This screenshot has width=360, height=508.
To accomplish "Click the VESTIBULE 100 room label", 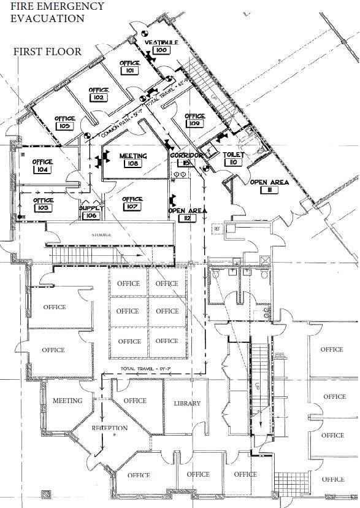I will click(161, 46).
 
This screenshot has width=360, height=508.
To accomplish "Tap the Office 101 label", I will click(130, 67).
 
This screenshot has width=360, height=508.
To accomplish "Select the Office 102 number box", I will click(99, 98).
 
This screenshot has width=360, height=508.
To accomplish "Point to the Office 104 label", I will click(43, 166).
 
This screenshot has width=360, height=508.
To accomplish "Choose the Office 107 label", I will click(132, 203).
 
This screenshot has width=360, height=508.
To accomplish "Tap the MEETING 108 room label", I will click(133, 160).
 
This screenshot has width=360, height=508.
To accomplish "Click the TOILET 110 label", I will click(233, 158).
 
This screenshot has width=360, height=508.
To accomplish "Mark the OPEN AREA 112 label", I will click(187, 214).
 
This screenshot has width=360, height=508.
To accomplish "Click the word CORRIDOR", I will click(186, 156).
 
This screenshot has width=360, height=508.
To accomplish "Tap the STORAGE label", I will click(101, 234).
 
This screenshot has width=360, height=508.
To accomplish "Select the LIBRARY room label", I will click(187, 403).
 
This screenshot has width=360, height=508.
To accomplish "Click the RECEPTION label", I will click(110, 428).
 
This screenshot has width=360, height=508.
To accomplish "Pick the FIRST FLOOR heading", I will click(47, 52).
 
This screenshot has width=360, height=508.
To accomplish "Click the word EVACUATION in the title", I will click(47, 18).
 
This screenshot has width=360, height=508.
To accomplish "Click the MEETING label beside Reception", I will click(67, 401).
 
